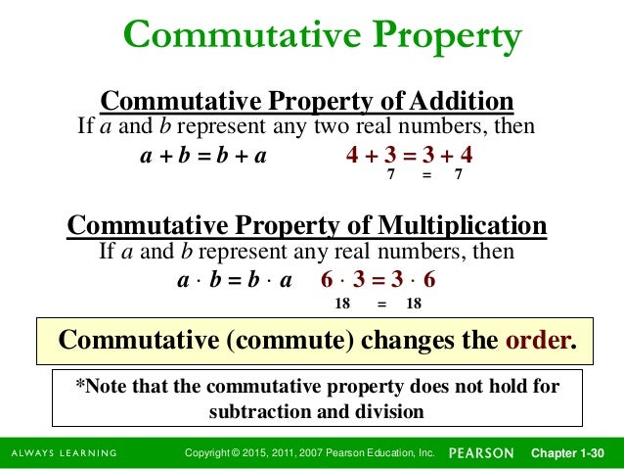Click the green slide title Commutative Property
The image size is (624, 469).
323,38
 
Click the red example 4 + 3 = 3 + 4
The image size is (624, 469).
410,155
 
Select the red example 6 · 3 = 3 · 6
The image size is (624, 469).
378,279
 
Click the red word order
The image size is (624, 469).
537,340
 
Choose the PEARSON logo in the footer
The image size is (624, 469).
481,453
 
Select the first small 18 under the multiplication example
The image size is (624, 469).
342,305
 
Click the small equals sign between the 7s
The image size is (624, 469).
425,176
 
